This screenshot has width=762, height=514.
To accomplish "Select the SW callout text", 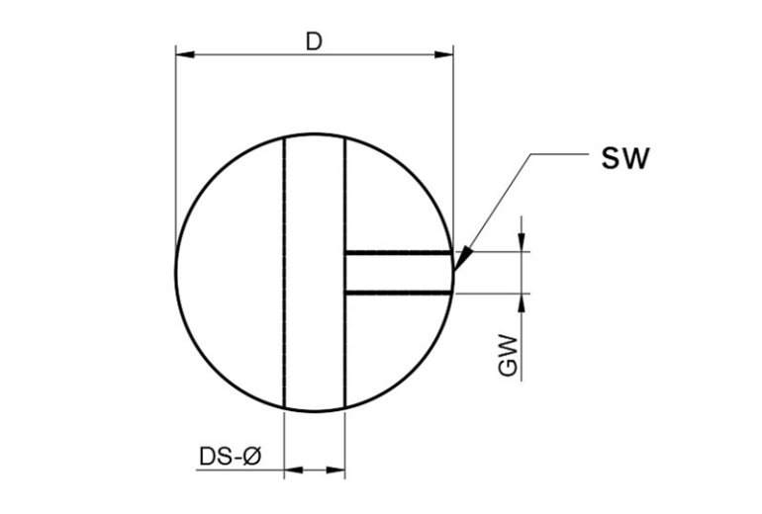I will (x=625, y=159).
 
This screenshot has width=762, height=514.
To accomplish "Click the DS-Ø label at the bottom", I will (x=230, y=457).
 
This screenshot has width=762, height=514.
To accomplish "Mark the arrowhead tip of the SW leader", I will (x=457, y=267).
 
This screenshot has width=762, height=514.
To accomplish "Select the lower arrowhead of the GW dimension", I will (x=522, y=302).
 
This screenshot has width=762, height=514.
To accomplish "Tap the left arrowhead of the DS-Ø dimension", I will (x=293, y=471).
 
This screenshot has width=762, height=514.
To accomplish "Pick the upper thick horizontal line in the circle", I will (x=396, y=253).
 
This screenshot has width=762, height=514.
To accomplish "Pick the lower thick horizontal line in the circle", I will (x=396, y=293).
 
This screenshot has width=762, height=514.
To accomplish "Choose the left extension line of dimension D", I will (x=175, y=148).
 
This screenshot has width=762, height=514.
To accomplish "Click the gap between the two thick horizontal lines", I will (x=396, y=273).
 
